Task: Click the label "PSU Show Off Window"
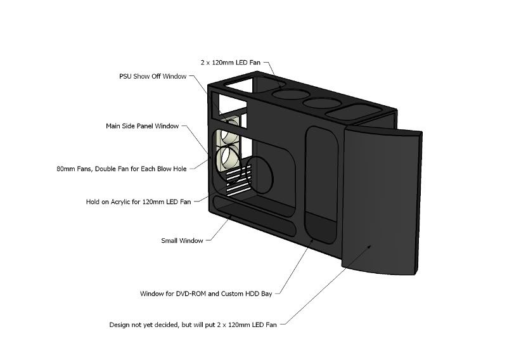tap(153, 76)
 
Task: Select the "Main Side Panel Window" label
tap(142, 125)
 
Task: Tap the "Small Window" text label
tap(182, 240)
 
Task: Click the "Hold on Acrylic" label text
tap(138, 202)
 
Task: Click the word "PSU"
tap(125, 76)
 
